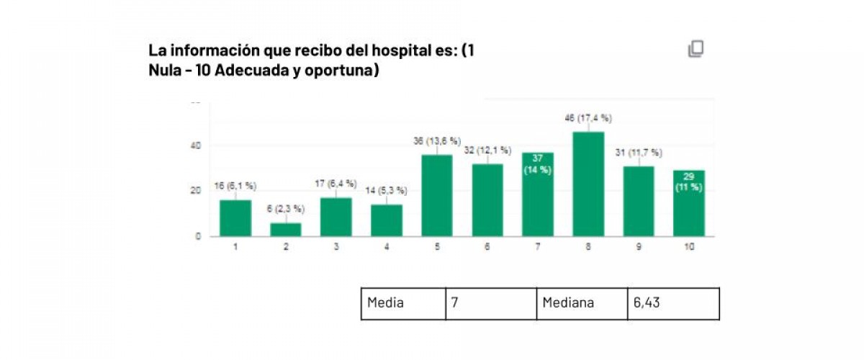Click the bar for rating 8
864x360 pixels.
pos(588,184)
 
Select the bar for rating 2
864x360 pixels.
pos(286,230)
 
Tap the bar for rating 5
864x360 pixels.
pos(437,196)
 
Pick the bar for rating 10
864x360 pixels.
pos(689,204)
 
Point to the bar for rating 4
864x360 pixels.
pos(387,220)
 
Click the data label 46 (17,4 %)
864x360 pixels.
pos(588,119)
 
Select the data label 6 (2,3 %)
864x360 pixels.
pos(286,209)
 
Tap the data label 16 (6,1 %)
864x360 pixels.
pos(235,186)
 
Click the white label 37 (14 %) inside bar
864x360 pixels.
pos(537,164)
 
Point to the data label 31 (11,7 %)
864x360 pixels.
pos(639,153)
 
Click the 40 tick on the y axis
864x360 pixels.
pos(195,146)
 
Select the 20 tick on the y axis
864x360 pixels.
pos(195,191)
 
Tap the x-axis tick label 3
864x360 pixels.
pos(336,246)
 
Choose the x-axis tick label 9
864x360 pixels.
pos(639,246)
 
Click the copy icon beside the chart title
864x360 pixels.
pos(696,49)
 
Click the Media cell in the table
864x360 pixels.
pos(403,303)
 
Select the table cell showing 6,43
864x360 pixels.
pos(672,303)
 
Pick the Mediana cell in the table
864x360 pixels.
pos(582,303)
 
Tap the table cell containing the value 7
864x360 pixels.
pos(491,303)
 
